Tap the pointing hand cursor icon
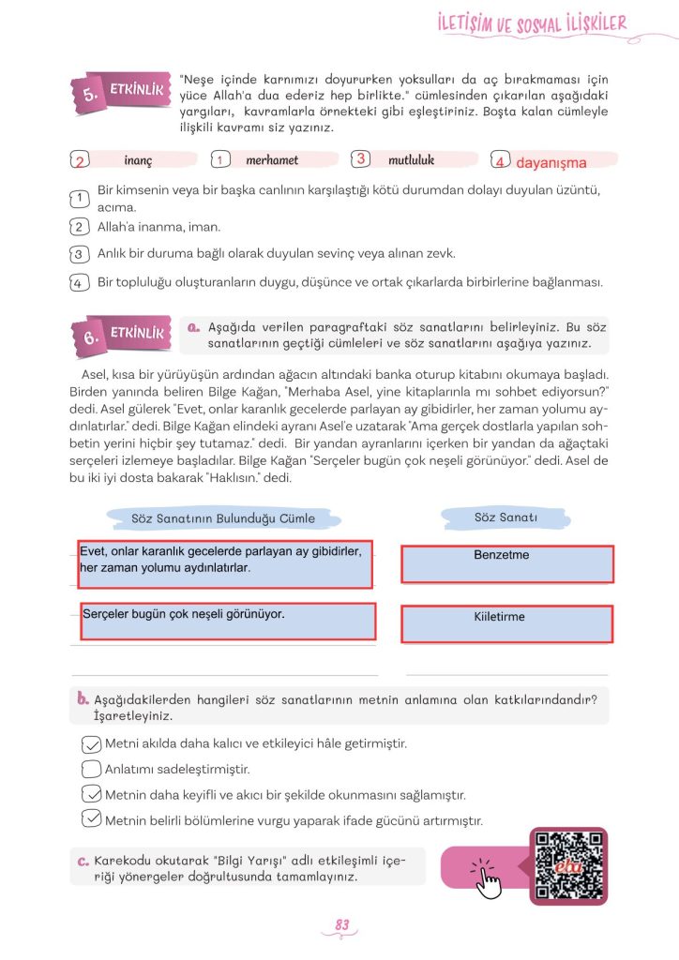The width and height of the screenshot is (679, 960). [487, 877]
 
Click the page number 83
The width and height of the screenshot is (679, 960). [341, 925]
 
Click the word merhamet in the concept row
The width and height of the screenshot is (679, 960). [271, 160]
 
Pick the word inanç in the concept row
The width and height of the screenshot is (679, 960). [138, 160]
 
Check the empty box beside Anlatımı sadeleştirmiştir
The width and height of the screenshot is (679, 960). [91, 770]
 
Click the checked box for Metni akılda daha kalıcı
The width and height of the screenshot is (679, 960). [91, 744]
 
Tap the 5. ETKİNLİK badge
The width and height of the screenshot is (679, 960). [122, 93]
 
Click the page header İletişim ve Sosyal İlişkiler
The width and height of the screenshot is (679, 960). [532, 24]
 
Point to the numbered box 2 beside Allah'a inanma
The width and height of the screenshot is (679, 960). [79, 227]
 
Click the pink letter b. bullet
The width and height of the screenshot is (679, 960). [83, 698]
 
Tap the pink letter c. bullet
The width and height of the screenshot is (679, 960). [83, 860]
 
